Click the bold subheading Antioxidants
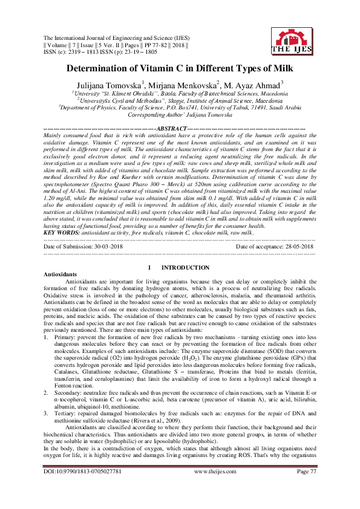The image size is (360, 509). pos(61,274)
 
